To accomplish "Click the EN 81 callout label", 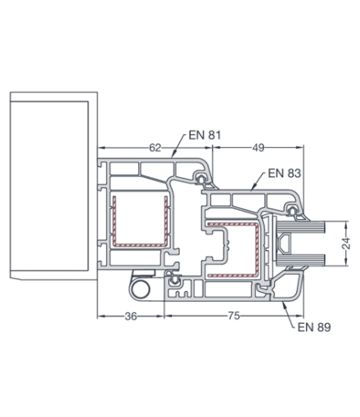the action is point(205,135).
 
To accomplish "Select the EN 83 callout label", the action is point(285,173).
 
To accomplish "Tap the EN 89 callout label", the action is point(314,327).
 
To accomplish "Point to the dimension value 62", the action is point(155,148).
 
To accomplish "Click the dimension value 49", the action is point(258,148).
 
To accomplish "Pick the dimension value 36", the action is point(131,316).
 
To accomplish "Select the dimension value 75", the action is point(234,316).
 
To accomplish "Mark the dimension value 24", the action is point(346,244).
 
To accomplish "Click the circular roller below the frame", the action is point(141,289).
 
